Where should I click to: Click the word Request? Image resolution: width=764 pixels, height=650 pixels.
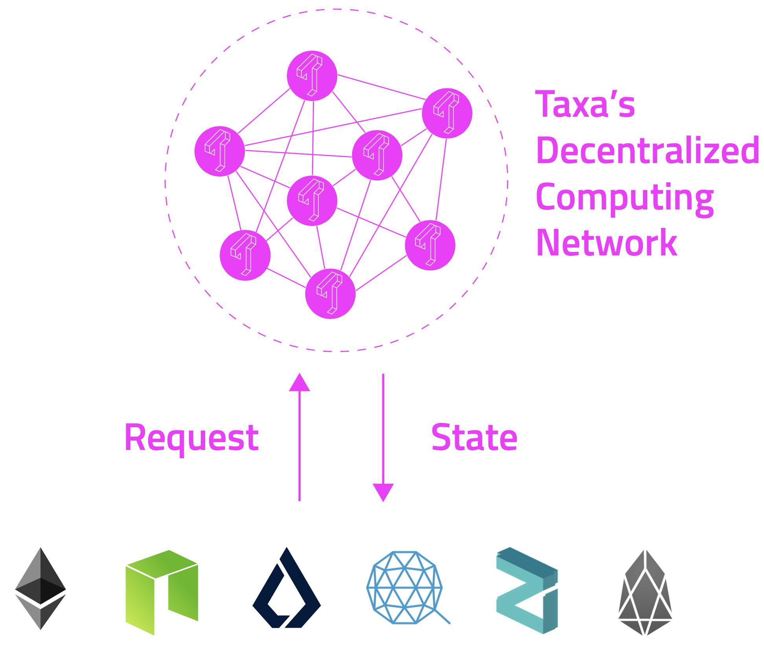point(191,437)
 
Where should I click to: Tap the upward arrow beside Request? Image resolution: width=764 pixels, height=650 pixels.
point(299,436)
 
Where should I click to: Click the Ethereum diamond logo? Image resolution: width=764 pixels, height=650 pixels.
point(40,588)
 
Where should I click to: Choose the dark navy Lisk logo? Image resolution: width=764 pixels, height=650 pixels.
point(286,588)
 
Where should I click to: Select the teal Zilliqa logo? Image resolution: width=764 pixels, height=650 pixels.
point(527,590)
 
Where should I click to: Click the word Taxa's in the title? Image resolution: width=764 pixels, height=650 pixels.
point(585,104)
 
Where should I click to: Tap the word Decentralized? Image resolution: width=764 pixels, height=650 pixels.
point(647,151)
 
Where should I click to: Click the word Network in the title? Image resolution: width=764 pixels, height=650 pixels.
point(606,243)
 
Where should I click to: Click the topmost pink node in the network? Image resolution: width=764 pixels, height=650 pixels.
point(312,75)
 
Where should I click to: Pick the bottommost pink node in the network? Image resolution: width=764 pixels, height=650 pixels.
point(331,294)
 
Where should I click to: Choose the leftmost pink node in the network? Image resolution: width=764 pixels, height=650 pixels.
point(220,151)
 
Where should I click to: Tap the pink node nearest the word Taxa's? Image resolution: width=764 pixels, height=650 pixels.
point(447,113)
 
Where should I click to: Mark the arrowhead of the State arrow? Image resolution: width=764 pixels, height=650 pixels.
point(383,493)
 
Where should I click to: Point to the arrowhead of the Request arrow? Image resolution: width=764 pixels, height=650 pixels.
point(299,382)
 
